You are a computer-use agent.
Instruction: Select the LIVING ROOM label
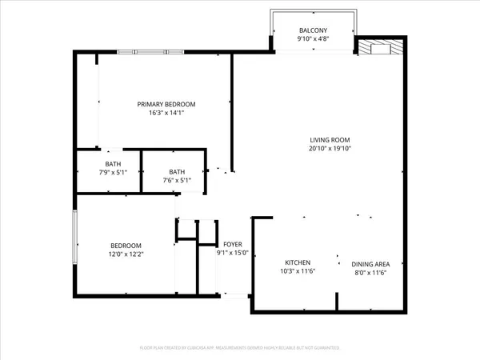coord(330,138)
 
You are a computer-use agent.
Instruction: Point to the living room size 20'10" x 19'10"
coord(330,148)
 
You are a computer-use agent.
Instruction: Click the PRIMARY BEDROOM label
coord(166,104)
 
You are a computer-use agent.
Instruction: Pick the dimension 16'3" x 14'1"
coord(166,114)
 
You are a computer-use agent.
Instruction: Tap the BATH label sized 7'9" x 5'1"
coord(107,163)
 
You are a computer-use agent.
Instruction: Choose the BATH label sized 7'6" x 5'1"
coord(177,171)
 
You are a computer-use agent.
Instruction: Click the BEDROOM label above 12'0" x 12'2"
coord(126,246)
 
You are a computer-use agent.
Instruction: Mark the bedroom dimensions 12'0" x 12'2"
coord(126,254)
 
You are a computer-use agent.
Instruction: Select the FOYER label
coord(233,245)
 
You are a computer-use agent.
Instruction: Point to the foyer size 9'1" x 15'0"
coord(233,254)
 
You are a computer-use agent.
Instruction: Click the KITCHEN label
coord(298,262)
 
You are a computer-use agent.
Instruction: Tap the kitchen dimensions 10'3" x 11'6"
coord(298,272)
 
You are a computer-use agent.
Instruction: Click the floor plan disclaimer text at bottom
coord(239,348)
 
